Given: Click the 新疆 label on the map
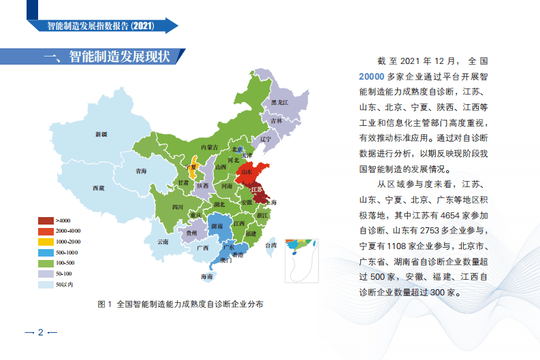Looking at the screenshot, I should coord(101,135).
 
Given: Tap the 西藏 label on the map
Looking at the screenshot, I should coord(98,188).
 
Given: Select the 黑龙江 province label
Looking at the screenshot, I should coord(280,102).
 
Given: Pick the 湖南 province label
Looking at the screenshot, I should coord(219,225).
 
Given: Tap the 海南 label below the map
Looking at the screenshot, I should coord(206,277).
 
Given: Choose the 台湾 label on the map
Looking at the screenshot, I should coord(270,245).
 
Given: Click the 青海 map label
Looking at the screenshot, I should coord(141,171).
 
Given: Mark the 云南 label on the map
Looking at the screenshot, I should coord(162,242).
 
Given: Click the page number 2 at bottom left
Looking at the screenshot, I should coord(40,333).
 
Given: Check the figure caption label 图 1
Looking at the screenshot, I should coord(106,304).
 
